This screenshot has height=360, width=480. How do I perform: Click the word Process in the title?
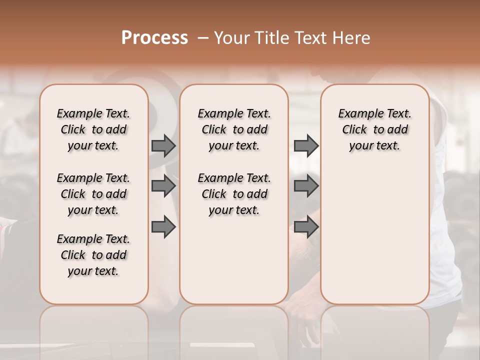coord(154,38)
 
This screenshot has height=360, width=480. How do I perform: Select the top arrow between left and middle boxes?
coord(163,145)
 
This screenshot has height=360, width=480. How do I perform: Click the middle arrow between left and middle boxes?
coord(163,186)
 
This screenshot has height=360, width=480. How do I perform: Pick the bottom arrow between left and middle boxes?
coord(163,227)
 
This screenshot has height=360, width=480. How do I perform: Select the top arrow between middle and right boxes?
coord(306,145)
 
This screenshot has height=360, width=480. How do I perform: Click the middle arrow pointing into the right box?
coord(306,186)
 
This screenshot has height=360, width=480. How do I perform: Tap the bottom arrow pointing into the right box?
coord(306,227)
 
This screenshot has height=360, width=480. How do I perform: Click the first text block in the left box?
coord(93,129)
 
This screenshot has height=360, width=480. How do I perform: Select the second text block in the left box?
coord(93,194)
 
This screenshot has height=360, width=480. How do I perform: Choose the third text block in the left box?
coord(93,255)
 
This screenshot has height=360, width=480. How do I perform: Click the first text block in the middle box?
coord(234,129)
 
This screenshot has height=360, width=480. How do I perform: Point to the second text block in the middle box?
coord(234,194)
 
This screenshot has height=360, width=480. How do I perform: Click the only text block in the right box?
coord(374,129)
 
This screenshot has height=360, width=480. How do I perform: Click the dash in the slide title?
coord(203,38)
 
